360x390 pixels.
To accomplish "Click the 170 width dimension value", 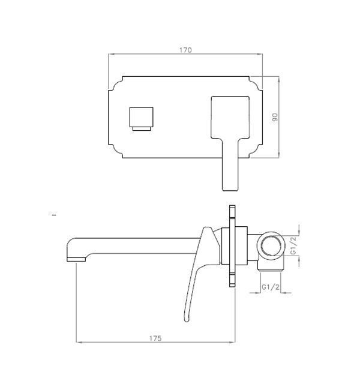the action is tap(185, 50).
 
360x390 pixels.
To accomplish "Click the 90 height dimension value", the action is tap(275, 117).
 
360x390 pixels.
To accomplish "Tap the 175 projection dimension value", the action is tap(155, 338).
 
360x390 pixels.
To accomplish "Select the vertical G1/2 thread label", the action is tap(293, 245).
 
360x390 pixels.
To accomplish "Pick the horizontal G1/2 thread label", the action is tap(271, 287).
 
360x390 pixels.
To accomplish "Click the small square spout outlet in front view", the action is tap(142, 117).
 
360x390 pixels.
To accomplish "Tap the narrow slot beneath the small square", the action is tap(142, 128).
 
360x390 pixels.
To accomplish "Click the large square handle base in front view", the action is tap(230, 117).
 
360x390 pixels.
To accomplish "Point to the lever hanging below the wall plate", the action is tap(230, 174).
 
